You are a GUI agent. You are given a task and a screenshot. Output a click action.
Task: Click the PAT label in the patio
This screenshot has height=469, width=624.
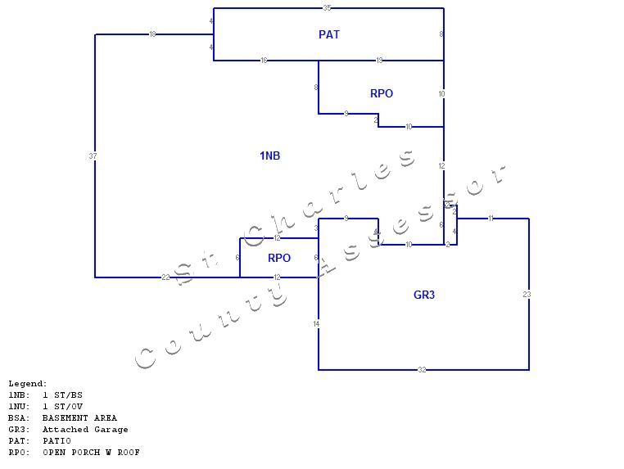(x=329, y=34)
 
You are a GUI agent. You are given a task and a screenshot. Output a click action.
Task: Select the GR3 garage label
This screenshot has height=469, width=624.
(x=424, y=295)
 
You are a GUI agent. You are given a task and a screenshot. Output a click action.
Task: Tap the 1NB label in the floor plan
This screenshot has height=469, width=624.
(x=270, y=156)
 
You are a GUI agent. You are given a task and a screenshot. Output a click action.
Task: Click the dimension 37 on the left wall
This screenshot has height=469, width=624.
(x=94, y=156)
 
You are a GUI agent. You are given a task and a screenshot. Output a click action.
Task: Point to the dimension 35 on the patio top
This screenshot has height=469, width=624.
(x=328, y=8)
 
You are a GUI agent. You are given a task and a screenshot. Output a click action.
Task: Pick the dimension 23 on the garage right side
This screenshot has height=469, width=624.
(x=527, y=295)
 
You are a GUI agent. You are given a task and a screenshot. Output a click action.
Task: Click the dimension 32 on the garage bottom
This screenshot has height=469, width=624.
(x=423, y=370)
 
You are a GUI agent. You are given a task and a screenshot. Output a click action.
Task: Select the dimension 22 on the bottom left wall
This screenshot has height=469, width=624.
(x=165, y=277)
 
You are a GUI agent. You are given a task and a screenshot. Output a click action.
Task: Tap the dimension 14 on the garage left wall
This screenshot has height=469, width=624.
(x=317, y=324)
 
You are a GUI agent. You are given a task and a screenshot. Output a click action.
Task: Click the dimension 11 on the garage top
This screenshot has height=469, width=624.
(x=491, y=219)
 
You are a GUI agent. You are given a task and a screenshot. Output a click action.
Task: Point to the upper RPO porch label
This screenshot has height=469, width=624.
(x=382, y=93)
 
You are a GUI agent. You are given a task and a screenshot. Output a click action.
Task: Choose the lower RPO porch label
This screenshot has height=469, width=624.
(x=279, y=258)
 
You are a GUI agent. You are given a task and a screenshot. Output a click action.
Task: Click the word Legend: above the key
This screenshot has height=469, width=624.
(x=28, y=383)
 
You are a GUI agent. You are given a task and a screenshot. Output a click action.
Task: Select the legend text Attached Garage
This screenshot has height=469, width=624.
(x=85, y=429)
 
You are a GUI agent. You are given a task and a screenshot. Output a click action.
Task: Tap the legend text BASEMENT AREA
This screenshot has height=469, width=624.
(x=79, y=417)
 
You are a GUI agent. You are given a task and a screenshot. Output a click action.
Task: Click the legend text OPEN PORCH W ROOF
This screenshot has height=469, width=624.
(x=91, y=452)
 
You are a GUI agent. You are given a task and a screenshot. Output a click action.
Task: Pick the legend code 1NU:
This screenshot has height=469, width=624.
(x=19, y=406)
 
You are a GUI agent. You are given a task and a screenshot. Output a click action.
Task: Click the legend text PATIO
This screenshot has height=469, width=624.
(x=57, y=440)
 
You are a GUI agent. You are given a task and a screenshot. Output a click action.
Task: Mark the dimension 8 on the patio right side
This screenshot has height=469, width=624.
(x=441, y=34)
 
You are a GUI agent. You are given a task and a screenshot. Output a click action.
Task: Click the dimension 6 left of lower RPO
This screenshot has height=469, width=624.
(x=237, y=258)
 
